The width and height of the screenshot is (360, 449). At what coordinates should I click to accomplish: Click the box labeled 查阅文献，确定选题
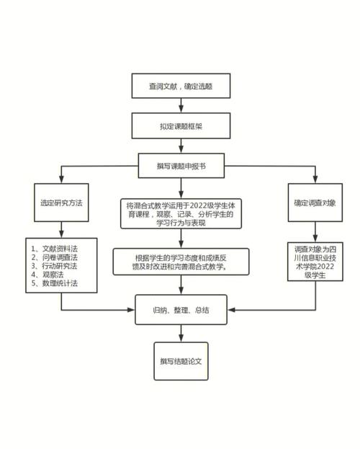(x=180, y=86)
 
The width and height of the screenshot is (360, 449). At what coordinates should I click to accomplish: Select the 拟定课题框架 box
(x=180, y=125)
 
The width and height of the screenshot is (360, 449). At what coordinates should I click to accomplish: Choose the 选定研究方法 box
(x=61, y=203)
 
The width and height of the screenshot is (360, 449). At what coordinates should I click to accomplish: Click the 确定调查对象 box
(x=314, y=203)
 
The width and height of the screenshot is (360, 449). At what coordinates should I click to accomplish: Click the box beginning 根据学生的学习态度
(x=181, y=262)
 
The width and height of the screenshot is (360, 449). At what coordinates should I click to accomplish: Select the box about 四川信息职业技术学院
(x=314, y=264)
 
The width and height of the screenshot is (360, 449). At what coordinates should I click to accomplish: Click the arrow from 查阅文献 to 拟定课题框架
(x=180, y=105)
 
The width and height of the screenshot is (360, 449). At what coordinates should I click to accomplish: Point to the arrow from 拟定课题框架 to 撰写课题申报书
(x=180, y=145)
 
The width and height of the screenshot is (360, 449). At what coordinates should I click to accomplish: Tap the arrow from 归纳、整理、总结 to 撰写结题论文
(x=181, y=332)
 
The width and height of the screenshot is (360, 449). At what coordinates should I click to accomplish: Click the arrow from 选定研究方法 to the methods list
(x=61, y=228)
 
